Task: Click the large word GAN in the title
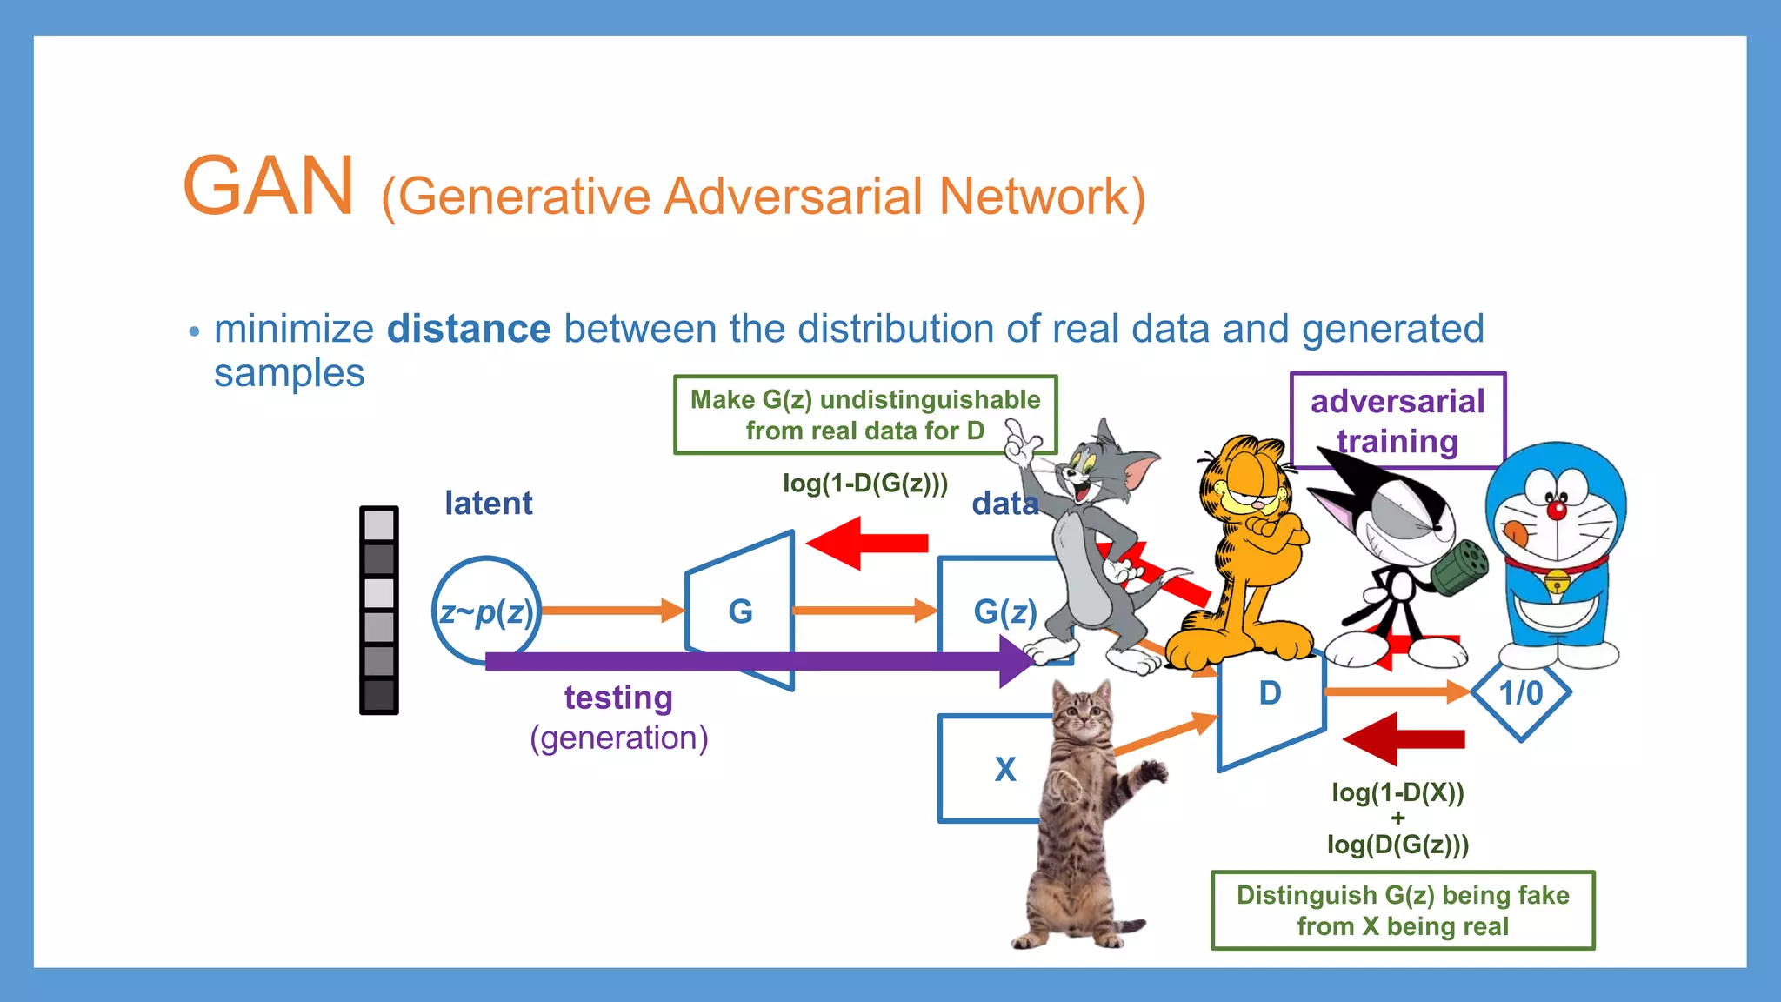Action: point(268,186)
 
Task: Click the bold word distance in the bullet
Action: point(468,330)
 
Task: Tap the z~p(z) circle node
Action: point(485,611)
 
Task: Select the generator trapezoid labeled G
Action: point(741,611)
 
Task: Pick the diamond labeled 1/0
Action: point(1520,693)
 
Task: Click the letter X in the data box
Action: point(1004,770)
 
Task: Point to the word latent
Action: point(488,504)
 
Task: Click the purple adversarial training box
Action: point(1397,421)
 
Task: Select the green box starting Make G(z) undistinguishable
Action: point(864,415)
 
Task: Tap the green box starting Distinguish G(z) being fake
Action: point(1403,911)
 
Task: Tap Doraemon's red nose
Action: point(1556,510)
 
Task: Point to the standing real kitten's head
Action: point(1083,713)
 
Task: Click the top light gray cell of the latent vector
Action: point(379,525)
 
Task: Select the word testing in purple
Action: point(618,698)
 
